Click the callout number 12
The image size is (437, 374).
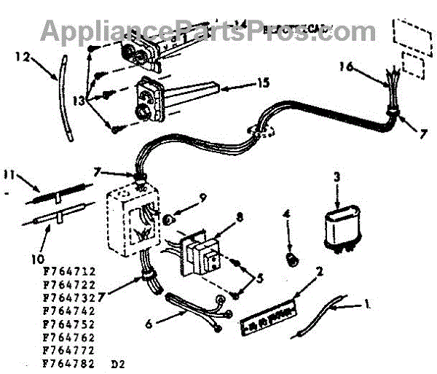click(21, 55)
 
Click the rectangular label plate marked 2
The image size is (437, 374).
click(270, 316)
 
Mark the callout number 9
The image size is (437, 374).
click(183, 197)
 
